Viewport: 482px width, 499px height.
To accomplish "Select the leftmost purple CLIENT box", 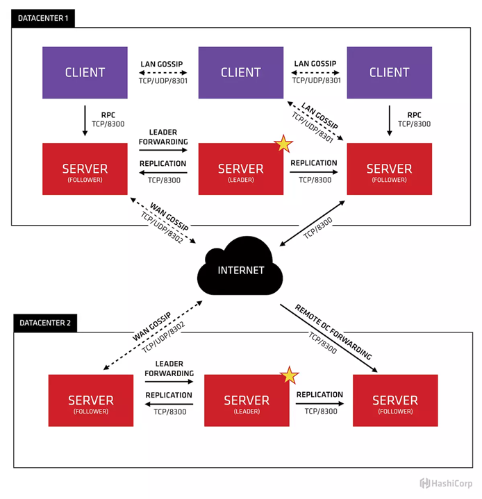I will [x=85, y=72].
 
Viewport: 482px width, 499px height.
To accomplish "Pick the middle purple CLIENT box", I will [x=240, y=72].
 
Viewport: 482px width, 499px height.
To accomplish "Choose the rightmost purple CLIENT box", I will [x=389, y=72].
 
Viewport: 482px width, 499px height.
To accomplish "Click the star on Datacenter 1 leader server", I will [x=283, y=144].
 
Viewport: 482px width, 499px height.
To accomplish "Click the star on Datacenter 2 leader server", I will [x=289, y=375].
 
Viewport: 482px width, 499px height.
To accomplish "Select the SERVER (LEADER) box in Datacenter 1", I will [x=240, y=169].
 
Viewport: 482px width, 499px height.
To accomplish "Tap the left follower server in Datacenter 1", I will [x=85, y=169].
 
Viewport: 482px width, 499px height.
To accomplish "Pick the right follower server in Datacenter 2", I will [x=395, y=400].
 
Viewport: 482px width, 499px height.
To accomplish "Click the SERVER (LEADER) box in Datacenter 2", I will [x=247, y=400].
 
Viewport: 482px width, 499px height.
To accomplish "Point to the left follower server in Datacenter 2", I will [x=90, y=400].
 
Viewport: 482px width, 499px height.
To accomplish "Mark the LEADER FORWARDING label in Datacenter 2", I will [x=169, y=369].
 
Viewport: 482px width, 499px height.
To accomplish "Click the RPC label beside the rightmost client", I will [x=414, y=115].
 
